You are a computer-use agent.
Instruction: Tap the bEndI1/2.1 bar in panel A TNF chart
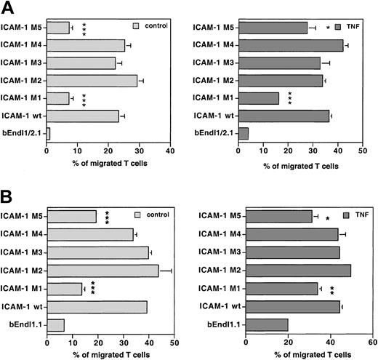coord(244,133)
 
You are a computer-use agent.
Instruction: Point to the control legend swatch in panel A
coord(135,27)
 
